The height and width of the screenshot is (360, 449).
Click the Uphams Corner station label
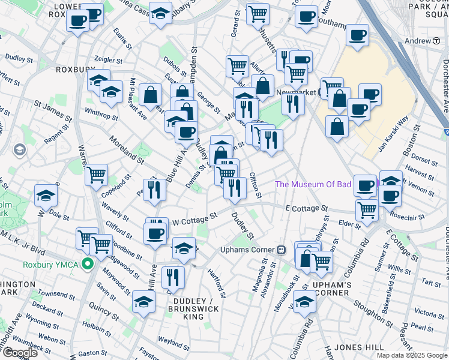247,250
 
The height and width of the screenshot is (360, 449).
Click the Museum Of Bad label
313,184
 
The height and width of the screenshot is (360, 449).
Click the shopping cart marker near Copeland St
96,175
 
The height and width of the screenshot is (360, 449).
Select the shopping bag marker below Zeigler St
150,95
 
